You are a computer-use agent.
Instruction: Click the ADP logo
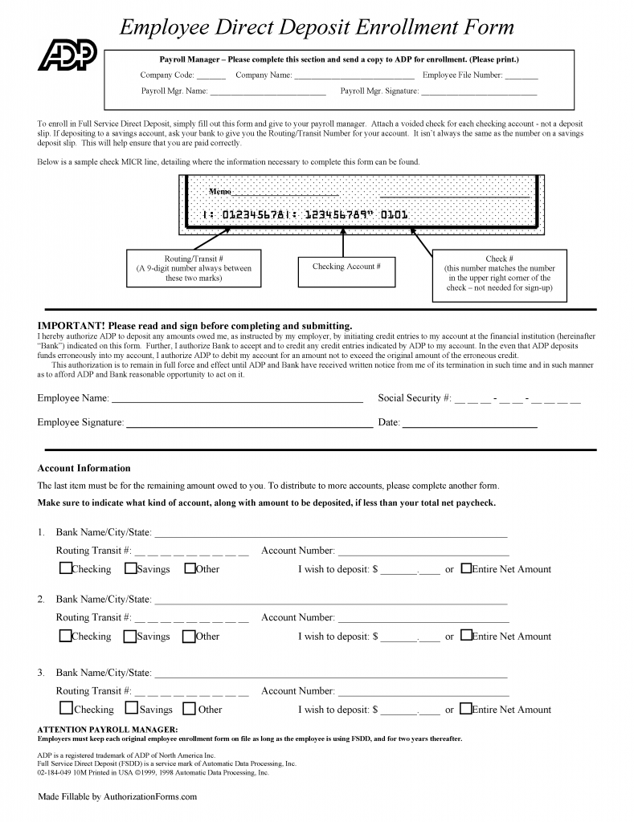(x=67, y=55)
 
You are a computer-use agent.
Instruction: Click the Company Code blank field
(x=211, y=77)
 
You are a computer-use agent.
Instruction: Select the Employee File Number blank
(x=522, y=77)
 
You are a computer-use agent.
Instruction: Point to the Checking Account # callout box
(x=346, y=267)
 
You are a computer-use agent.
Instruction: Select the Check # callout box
(x=499, y=274)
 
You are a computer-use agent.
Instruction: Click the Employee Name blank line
(x=236, y=400)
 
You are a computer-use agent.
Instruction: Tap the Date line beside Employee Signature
(x=469, y=424)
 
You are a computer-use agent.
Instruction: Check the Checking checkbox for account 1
(x=65, y=568)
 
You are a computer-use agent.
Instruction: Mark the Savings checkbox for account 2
(x=129, y=637)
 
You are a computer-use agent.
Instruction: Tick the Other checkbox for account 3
(x=190, y=709)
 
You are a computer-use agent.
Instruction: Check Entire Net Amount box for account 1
(x=466, y=568)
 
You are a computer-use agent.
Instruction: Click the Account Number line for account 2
(x=423, y=620)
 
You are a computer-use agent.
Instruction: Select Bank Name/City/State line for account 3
(x=329, y=675)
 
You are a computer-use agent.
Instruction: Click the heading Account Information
(x=84, y=468)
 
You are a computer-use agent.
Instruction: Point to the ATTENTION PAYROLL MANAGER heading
(x=102, y=729)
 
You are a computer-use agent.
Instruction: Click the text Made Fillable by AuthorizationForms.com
(x=117, y=797)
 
